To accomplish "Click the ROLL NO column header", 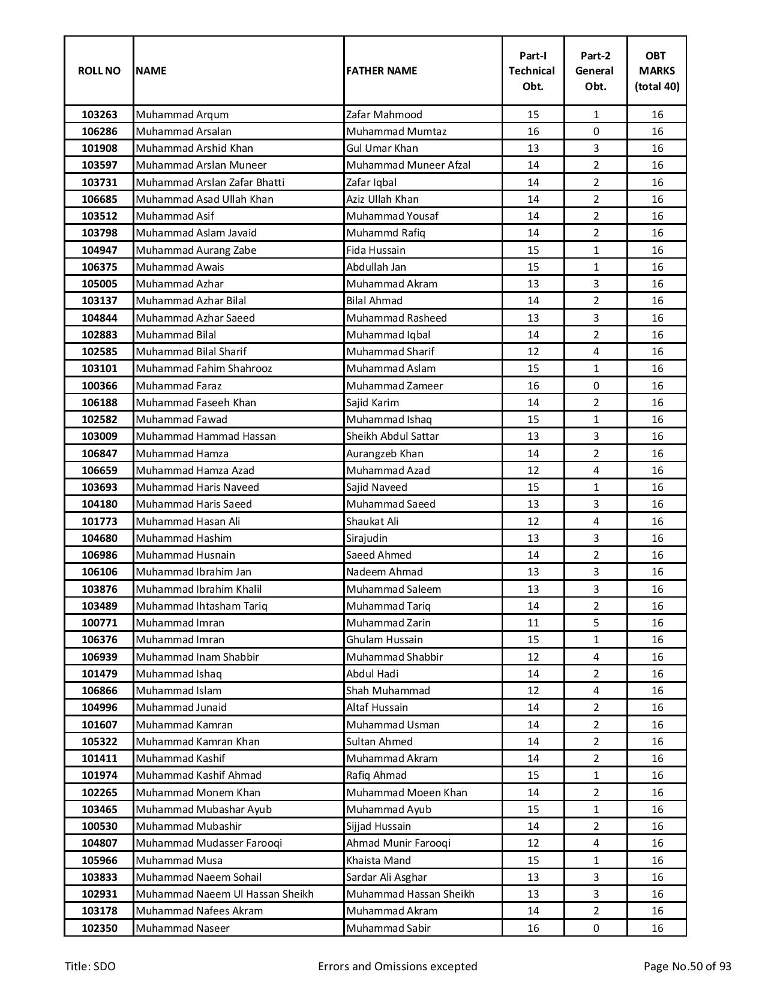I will click(x=99, y=71).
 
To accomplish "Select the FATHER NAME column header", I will click(x=382, y=71).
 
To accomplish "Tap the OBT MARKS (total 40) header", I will click(x=657, y=71).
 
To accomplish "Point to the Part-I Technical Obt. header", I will click(x=533, y=71).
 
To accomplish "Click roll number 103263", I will click(x=99, y=115).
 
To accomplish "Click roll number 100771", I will click(x=99, y=623).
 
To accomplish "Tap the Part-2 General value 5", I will click(x=596, y=623).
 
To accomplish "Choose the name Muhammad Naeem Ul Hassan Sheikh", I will click(x=224, y=894).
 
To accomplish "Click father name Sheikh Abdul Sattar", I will click(x=392, y=436).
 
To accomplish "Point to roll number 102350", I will click(x=99, y=928).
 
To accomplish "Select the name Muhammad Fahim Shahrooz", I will click(x=204, y=368).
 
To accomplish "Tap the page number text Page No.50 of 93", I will click(x=687, y=966).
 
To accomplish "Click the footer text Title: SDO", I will click(x=91, y=966).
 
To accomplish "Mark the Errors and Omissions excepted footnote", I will click(x=397, y=966).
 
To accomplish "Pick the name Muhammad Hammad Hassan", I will click(x=206, y=436).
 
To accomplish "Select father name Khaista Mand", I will click(x=379, y=860).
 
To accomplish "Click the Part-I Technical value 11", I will click(x=533, y=623).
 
